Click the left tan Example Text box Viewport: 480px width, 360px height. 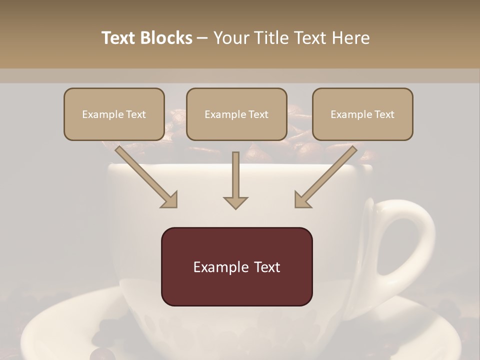[x=114, y=114]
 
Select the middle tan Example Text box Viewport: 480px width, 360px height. [x=236, y=114]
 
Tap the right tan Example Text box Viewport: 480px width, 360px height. [x=362, y=114]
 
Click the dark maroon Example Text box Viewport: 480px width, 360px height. [x=236, y=266]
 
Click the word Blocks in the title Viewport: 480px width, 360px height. [x=166, y=38]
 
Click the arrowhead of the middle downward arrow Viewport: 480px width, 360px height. [x=235, y=202]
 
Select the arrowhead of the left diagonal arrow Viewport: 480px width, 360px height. [x=170, y=200]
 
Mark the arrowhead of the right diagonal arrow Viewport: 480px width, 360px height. [x=302, y=200]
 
